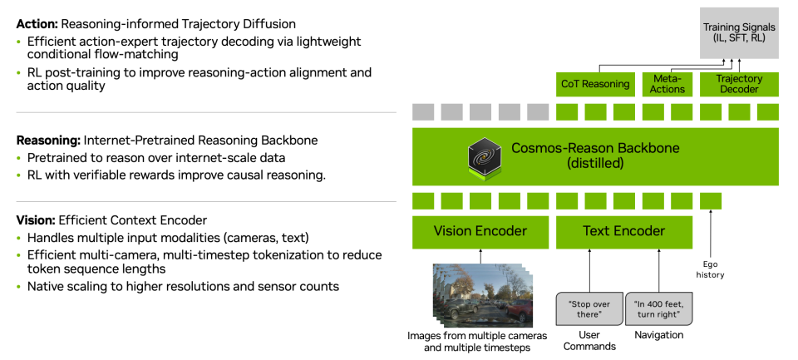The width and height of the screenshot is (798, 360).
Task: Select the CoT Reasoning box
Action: click(594, 84)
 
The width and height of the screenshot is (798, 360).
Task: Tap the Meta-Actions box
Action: click(667, 84)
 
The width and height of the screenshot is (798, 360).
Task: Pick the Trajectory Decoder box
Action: click(739, 84)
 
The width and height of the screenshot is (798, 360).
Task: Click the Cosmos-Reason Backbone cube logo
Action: click(484, 157)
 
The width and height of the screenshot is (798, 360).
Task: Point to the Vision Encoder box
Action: click(480, 231)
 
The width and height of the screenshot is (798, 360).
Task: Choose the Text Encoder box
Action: click(623, 231)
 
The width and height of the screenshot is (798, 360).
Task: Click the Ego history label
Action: click(711, 269)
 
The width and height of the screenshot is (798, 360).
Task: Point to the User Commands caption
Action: click(589, 340)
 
